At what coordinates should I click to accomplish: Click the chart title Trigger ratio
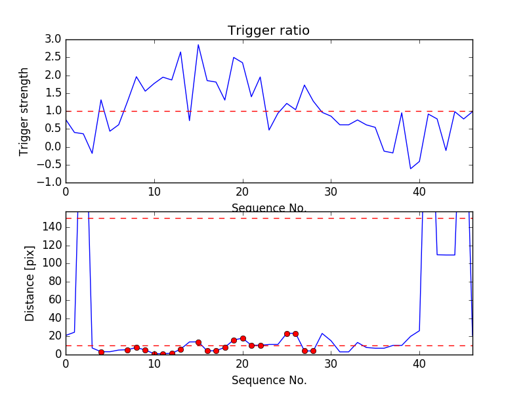pyautogui.click(x=268, y=31)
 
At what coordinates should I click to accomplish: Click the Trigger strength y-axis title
pyautogui.click(x=24, y=111)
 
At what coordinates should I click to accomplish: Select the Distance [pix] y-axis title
pyautogui.click(x=30, y=283)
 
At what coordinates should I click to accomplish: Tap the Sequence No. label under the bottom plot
pyautogui.click(x=268, y=380)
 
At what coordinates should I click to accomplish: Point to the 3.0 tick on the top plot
pyautogui.click(x=52, y=39)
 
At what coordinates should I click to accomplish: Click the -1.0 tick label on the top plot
pyautogui.click(x=51, y=183)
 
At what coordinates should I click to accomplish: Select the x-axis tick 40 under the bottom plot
pyautogui.click(x=419, y=364)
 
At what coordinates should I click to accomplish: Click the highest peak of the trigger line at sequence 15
pyautogui.click(x=198, y=45)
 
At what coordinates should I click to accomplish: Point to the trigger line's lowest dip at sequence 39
pyautogui.click(x=411, y=169)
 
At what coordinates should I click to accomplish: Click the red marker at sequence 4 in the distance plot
pyautogui.click(x=101, y=352)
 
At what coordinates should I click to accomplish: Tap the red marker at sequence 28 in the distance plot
pyautogui.click(x=313, y=351)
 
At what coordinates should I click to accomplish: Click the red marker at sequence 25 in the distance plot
pyautogui.click(x=287, y=334)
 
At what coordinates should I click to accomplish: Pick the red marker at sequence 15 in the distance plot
pyautogui.click(x=198, y=342)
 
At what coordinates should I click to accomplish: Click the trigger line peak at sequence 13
pyautogui.click(x=180, y=52)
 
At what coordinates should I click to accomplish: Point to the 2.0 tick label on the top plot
pyautogui.click(x=52, y=75)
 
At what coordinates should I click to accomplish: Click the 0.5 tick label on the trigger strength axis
pyautogui.click(x=52, y=129)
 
